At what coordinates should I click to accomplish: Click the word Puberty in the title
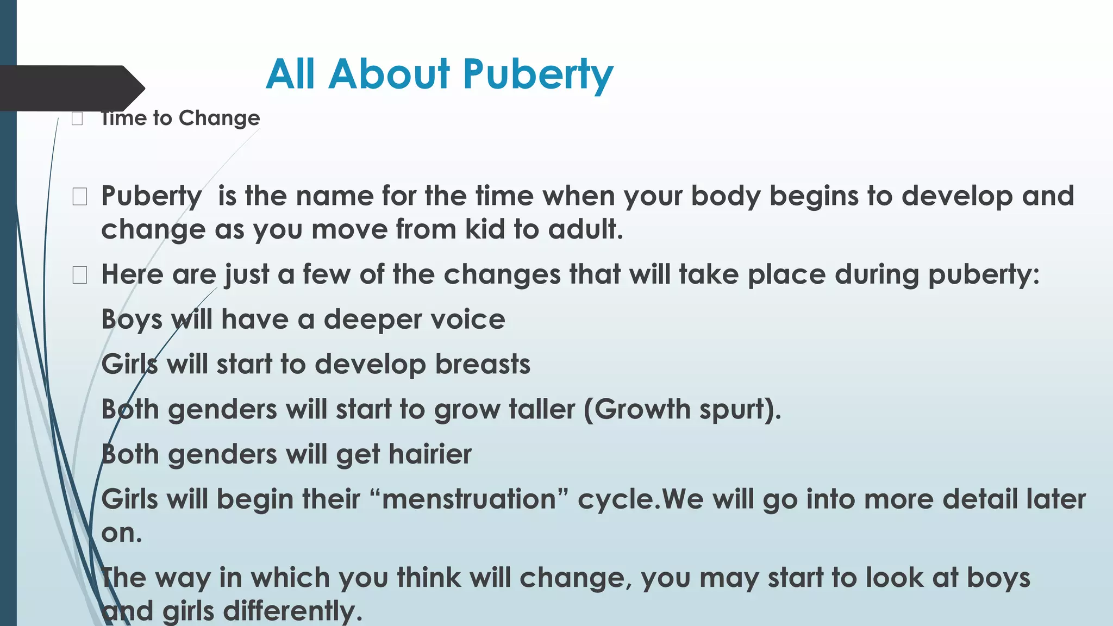[537, 74]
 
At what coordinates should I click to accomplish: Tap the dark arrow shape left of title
[71, 88]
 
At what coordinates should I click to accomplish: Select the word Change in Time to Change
[219, 118]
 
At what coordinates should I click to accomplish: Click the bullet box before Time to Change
[77, 118]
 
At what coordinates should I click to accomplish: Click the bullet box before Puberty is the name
[79, 197]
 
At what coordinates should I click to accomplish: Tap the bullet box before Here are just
[79, 276]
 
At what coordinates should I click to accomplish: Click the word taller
[541, 409]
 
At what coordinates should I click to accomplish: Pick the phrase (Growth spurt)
[682, 409]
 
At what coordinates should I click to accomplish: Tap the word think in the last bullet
[428, 577]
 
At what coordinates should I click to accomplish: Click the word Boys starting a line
[132, 319]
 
